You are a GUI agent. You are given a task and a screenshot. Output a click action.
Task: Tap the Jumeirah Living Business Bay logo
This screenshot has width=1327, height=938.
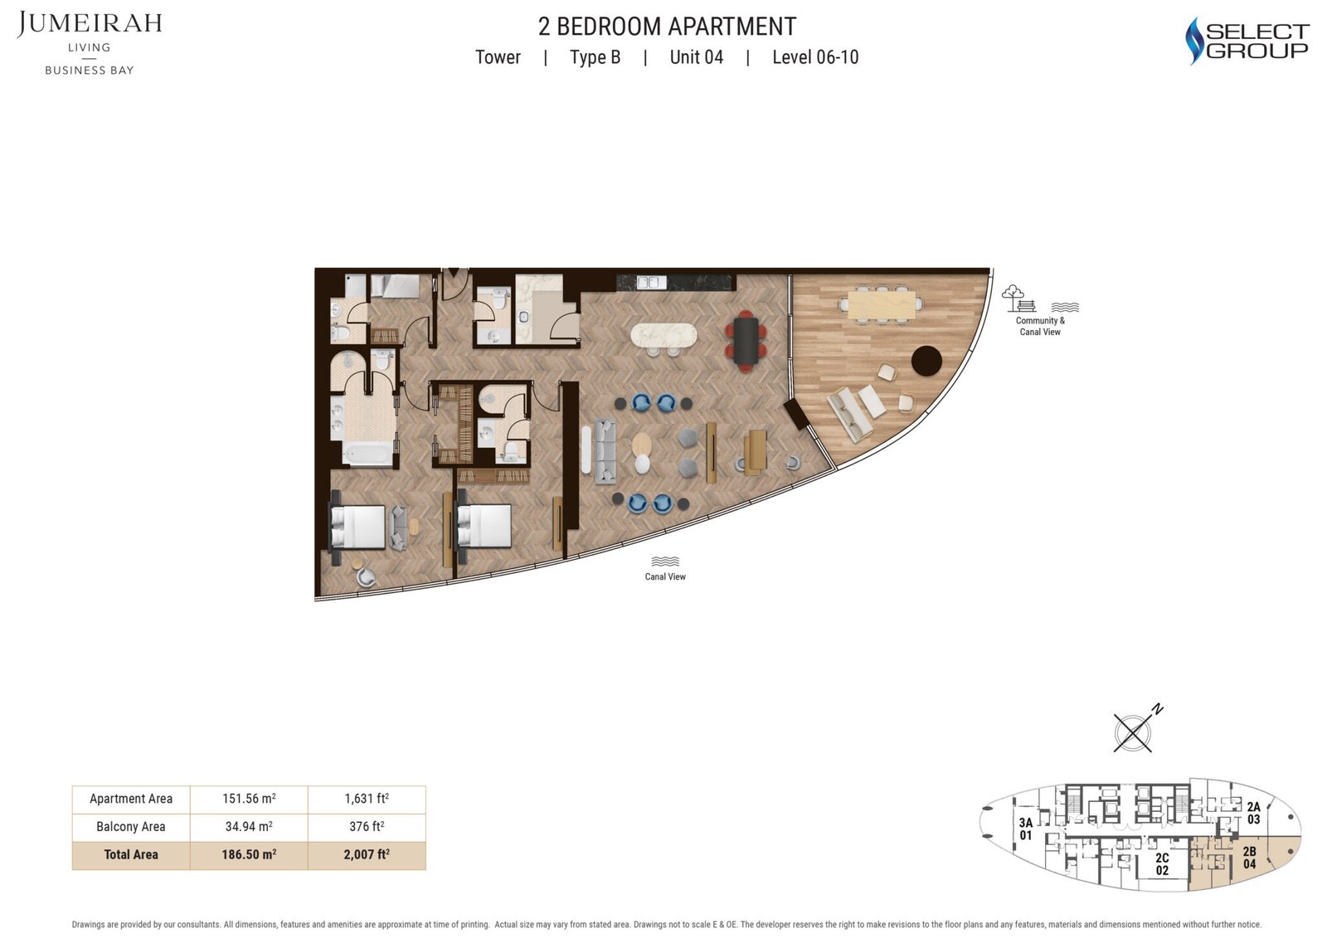tap(90, 43)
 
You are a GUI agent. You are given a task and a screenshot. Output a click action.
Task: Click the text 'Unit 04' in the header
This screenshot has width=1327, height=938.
tap(696, 57)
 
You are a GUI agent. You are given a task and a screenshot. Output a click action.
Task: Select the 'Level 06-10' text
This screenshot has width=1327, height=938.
tap(815, 57)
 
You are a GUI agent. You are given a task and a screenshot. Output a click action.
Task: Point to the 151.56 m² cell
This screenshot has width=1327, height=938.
tap(249, 798)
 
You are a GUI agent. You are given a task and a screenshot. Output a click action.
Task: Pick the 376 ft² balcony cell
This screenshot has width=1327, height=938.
tap(367, 826)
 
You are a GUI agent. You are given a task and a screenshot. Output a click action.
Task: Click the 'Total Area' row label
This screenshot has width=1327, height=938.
tap(131, 854)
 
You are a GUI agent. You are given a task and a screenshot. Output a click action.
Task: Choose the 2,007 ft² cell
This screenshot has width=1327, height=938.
tap(367, 854)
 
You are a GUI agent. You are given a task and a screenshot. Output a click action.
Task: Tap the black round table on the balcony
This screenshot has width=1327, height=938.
tap(926, 361)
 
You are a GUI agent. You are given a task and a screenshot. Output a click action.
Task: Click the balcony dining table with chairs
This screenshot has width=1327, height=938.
tap(882, 306)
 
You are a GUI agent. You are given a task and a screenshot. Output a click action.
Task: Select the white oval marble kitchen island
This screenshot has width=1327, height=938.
tap(663, 336)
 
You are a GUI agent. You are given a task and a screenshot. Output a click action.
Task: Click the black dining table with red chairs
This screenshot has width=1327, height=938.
tap(746, 342)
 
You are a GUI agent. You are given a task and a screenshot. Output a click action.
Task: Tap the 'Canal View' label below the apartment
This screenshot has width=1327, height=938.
tap(665, 576)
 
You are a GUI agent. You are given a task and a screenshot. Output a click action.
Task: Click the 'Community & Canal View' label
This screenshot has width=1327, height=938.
tap(1040, 326)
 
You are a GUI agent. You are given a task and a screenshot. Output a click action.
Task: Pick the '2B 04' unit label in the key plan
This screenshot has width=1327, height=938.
tap(1249, 858)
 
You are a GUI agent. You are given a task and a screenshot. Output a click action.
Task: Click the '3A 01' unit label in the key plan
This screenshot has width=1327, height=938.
tap(1025, 829)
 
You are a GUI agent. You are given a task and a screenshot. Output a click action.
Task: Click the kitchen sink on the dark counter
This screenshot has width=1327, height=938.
tap(651, 282)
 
